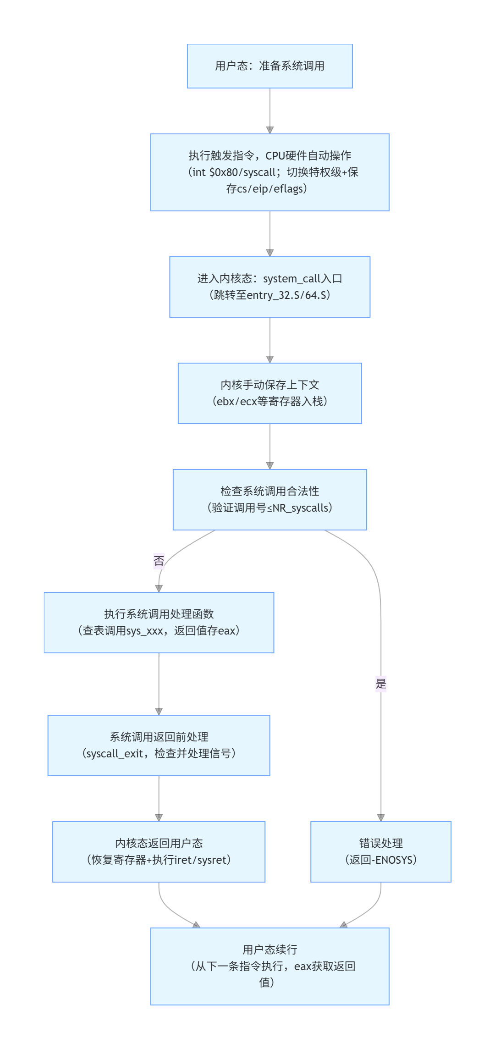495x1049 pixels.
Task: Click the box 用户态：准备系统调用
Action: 269,66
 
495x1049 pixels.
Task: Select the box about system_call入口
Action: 269,287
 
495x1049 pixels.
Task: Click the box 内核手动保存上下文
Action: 269,393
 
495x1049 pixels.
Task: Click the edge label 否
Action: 159,561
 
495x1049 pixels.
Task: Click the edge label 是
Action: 381,684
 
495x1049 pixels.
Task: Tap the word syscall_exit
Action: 115,754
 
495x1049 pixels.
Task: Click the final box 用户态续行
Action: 269,966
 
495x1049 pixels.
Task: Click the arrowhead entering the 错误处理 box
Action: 381,818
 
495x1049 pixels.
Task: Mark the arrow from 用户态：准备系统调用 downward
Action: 270,110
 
